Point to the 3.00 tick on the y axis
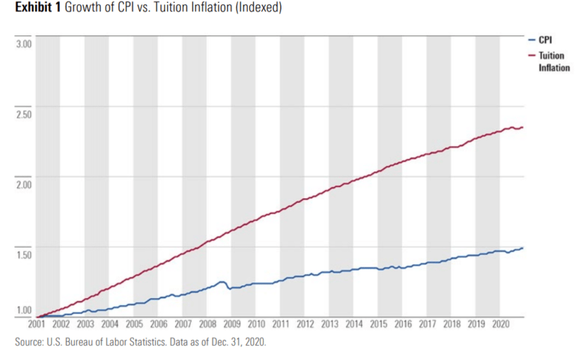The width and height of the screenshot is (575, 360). [x=24, y=44]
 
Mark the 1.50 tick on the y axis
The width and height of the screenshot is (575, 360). [x=24, y=254]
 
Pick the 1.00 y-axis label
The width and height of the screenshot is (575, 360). [x=24, y=310]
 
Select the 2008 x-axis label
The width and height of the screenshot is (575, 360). [x=207, y=325]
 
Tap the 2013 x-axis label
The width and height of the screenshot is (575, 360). [x=329, y=325]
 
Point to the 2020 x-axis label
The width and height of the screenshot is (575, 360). [x=500, y=325]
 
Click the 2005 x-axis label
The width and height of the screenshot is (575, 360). [x=133, y=325]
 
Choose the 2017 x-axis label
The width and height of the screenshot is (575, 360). [x=427, y=325]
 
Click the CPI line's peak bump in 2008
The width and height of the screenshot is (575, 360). [x=222, y=282]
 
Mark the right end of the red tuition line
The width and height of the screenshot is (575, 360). [x=523, y=127]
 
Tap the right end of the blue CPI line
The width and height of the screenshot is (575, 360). [x=523, y=248]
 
